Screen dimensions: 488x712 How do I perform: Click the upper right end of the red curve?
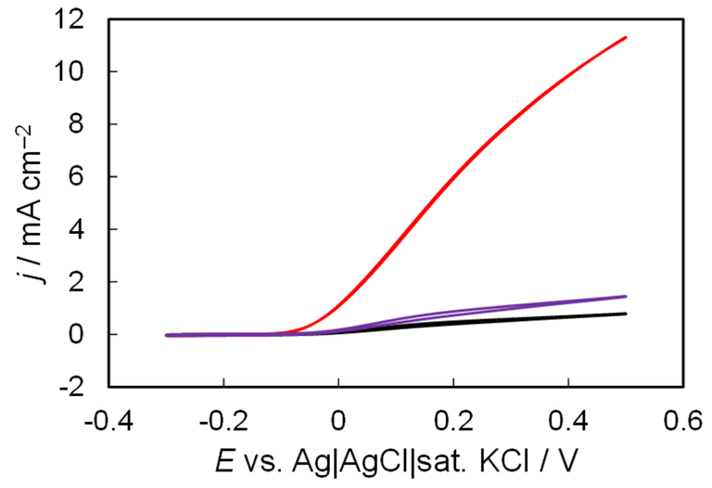tap(626, 38)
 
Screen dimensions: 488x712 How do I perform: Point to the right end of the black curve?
tap(626, 314)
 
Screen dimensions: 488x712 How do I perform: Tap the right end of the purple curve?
tap(626, 297)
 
